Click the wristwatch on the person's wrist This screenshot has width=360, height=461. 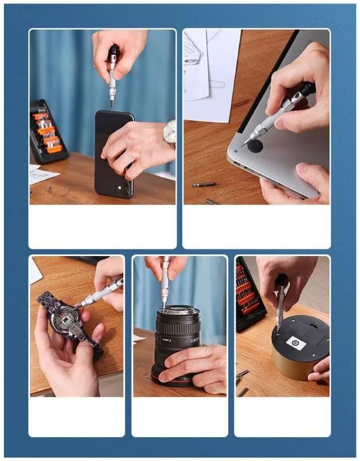pos(169,133)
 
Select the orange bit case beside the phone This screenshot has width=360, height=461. pos(47,132)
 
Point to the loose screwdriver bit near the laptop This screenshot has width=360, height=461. pos(203,185)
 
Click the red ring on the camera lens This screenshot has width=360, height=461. pos(170,382)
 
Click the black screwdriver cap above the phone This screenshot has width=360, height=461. pos(114,54)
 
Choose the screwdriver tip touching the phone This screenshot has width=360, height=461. pos(111,104)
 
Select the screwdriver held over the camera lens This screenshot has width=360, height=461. pos(165,281)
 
